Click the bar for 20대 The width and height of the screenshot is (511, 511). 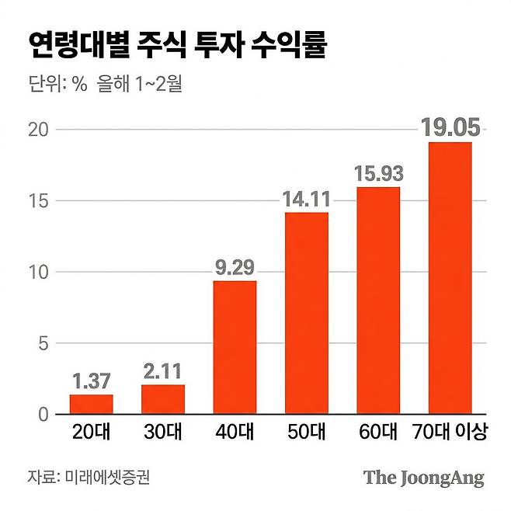(91, 405)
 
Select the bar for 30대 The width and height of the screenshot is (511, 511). (163, 399)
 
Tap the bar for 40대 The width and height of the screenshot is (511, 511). (235, 348)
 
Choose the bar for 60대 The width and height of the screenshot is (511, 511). (378, 301)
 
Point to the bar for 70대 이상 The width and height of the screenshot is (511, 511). (450, 278)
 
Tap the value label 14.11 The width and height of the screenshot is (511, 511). (306, 199)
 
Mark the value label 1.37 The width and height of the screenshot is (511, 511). (91, 381)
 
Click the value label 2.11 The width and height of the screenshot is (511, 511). (163, 371)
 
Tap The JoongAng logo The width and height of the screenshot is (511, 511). (423, 478)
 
